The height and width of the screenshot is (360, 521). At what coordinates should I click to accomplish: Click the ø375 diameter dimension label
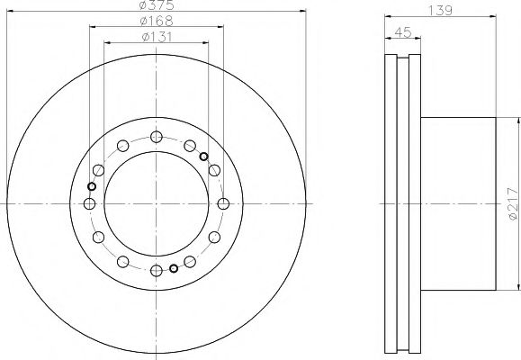pos(157,4)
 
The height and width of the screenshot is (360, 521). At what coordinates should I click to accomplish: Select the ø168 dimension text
pos(157,21)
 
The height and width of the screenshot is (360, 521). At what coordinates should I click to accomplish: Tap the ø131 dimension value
pos(157,37)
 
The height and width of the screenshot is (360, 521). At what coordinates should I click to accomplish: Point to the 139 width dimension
pos(440,10)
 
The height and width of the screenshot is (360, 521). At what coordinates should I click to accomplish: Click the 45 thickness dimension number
pos(403,31)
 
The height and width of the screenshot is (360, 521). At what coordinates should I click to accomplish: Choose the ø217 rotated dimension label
pos(513,203)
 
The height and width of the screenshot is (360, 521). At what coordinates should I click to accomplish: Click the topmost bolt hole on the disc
pos(157,137)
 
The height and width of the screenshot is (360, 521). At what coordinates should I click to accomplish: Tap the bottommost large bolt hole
pos(157,271)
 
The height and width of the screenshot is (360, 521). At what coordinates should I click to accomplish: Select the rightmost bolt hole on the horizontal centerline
pos(223,203)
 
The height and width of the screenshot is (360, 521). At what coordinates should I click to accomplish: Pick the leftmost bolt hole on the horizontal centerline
pos(89,203)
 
